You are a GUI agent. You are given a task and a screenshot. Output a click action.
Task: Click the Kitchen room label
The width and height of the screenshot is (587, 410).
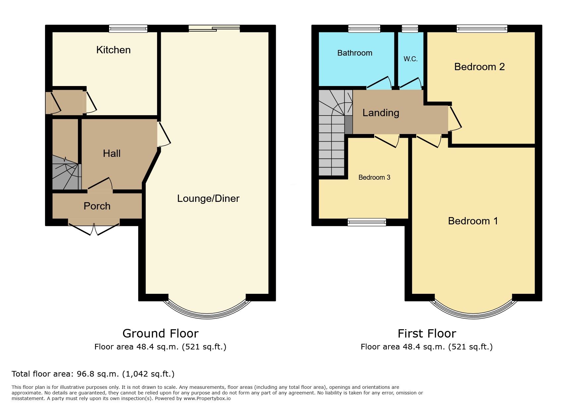click(113, 50)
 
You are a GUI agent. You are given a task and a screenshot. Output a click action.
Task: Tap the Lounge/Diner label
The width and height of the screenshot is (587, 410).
click(208, 199)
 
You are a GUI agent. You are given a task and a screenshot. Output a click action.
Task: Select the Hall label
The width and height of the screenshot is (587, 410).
click(112, 154)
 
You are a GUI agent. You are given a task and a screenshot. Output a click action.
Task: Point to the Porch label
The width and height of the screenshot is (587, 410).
click(97, 206)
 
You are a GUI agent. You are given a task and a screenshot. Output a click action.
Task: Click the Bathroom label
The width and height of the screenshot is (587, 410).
click(355, 53)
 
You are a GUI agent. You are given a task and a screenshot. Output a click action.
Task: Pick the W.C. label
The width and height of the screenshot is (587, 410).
click(410, 59)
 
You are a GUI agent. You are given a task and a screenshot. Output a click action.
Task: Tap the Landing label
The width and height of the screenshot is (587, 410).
click(381, 113)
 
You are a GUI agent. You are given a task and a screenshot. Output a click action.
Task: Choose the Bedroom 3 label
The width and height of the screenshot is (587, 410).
click(374, 177)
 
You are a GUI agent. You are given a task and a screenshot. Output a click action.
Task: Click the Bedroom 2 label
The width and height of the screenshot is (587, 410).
click(479, 67)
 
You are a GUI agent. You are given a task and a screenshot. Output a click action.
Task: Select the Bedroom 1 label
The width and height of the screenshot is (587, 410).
click(473, 221)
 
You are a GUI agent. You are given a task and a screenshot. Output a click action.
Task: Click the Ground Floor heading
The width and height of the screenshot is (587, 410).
click(160, 334)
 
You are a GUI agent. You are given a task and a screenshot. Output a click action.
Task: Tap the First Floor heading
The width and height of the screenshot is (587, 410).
click(427, 334)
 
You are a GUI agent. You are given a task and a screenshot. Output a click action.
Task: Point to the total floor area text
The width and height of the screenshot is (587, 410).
click(93, 374)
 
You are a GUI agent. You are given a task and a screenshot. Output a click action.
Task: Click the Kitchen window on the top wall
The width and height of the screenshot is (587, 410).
click(128, 29)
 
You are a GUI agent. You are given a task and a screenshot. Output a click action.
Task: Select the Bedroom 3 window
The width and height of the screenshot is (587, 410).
click(367, 222)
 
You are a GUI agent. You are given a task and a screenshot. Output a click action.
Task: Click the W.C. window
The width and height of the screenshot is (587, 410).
click(410, 29)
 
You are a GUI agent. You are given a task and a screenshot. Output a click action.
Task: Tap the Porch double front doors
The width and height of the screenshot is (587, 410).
click(94, 227)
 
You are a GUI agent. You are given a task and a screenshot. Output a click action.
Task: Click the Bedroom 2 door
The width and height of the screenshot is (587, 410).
click(455, 118)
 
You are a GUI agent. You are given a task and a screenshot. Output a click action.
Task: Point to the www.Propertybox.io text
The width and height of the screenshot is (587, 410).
click(207, 398)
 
